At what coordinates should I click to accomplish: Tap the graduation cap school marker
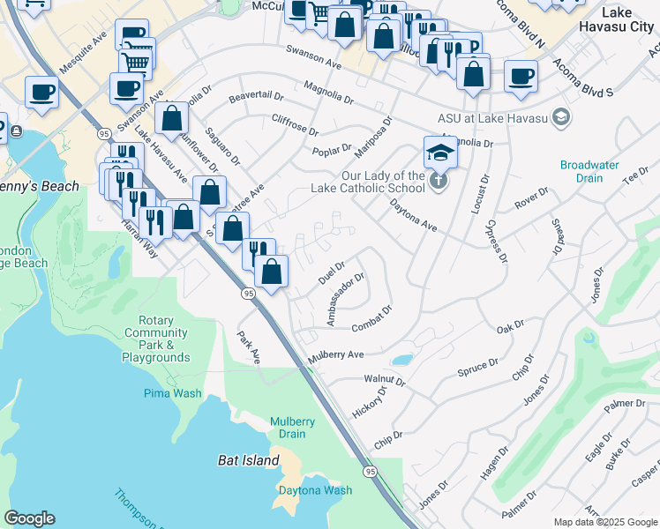(440, 153)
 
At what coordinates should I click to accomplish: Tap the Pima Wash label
(173, 394)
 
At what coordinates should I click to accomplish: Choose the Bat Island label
(248, 460)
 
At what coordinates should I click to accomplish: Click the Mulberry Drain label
(293, 428)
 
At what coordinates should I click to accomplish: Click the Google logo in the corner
(29, 518)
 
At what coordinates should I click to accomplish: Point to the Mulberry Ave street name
(335, 356)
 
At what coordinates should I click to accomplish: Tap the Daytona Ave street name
(414, 215)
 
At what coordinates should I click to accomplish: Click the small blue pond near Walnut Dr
(401, 360)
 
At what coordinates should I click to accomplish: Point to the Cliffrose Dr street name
(295, 124)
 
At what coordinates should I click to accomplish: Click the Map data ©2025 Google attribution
(604, 522)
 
